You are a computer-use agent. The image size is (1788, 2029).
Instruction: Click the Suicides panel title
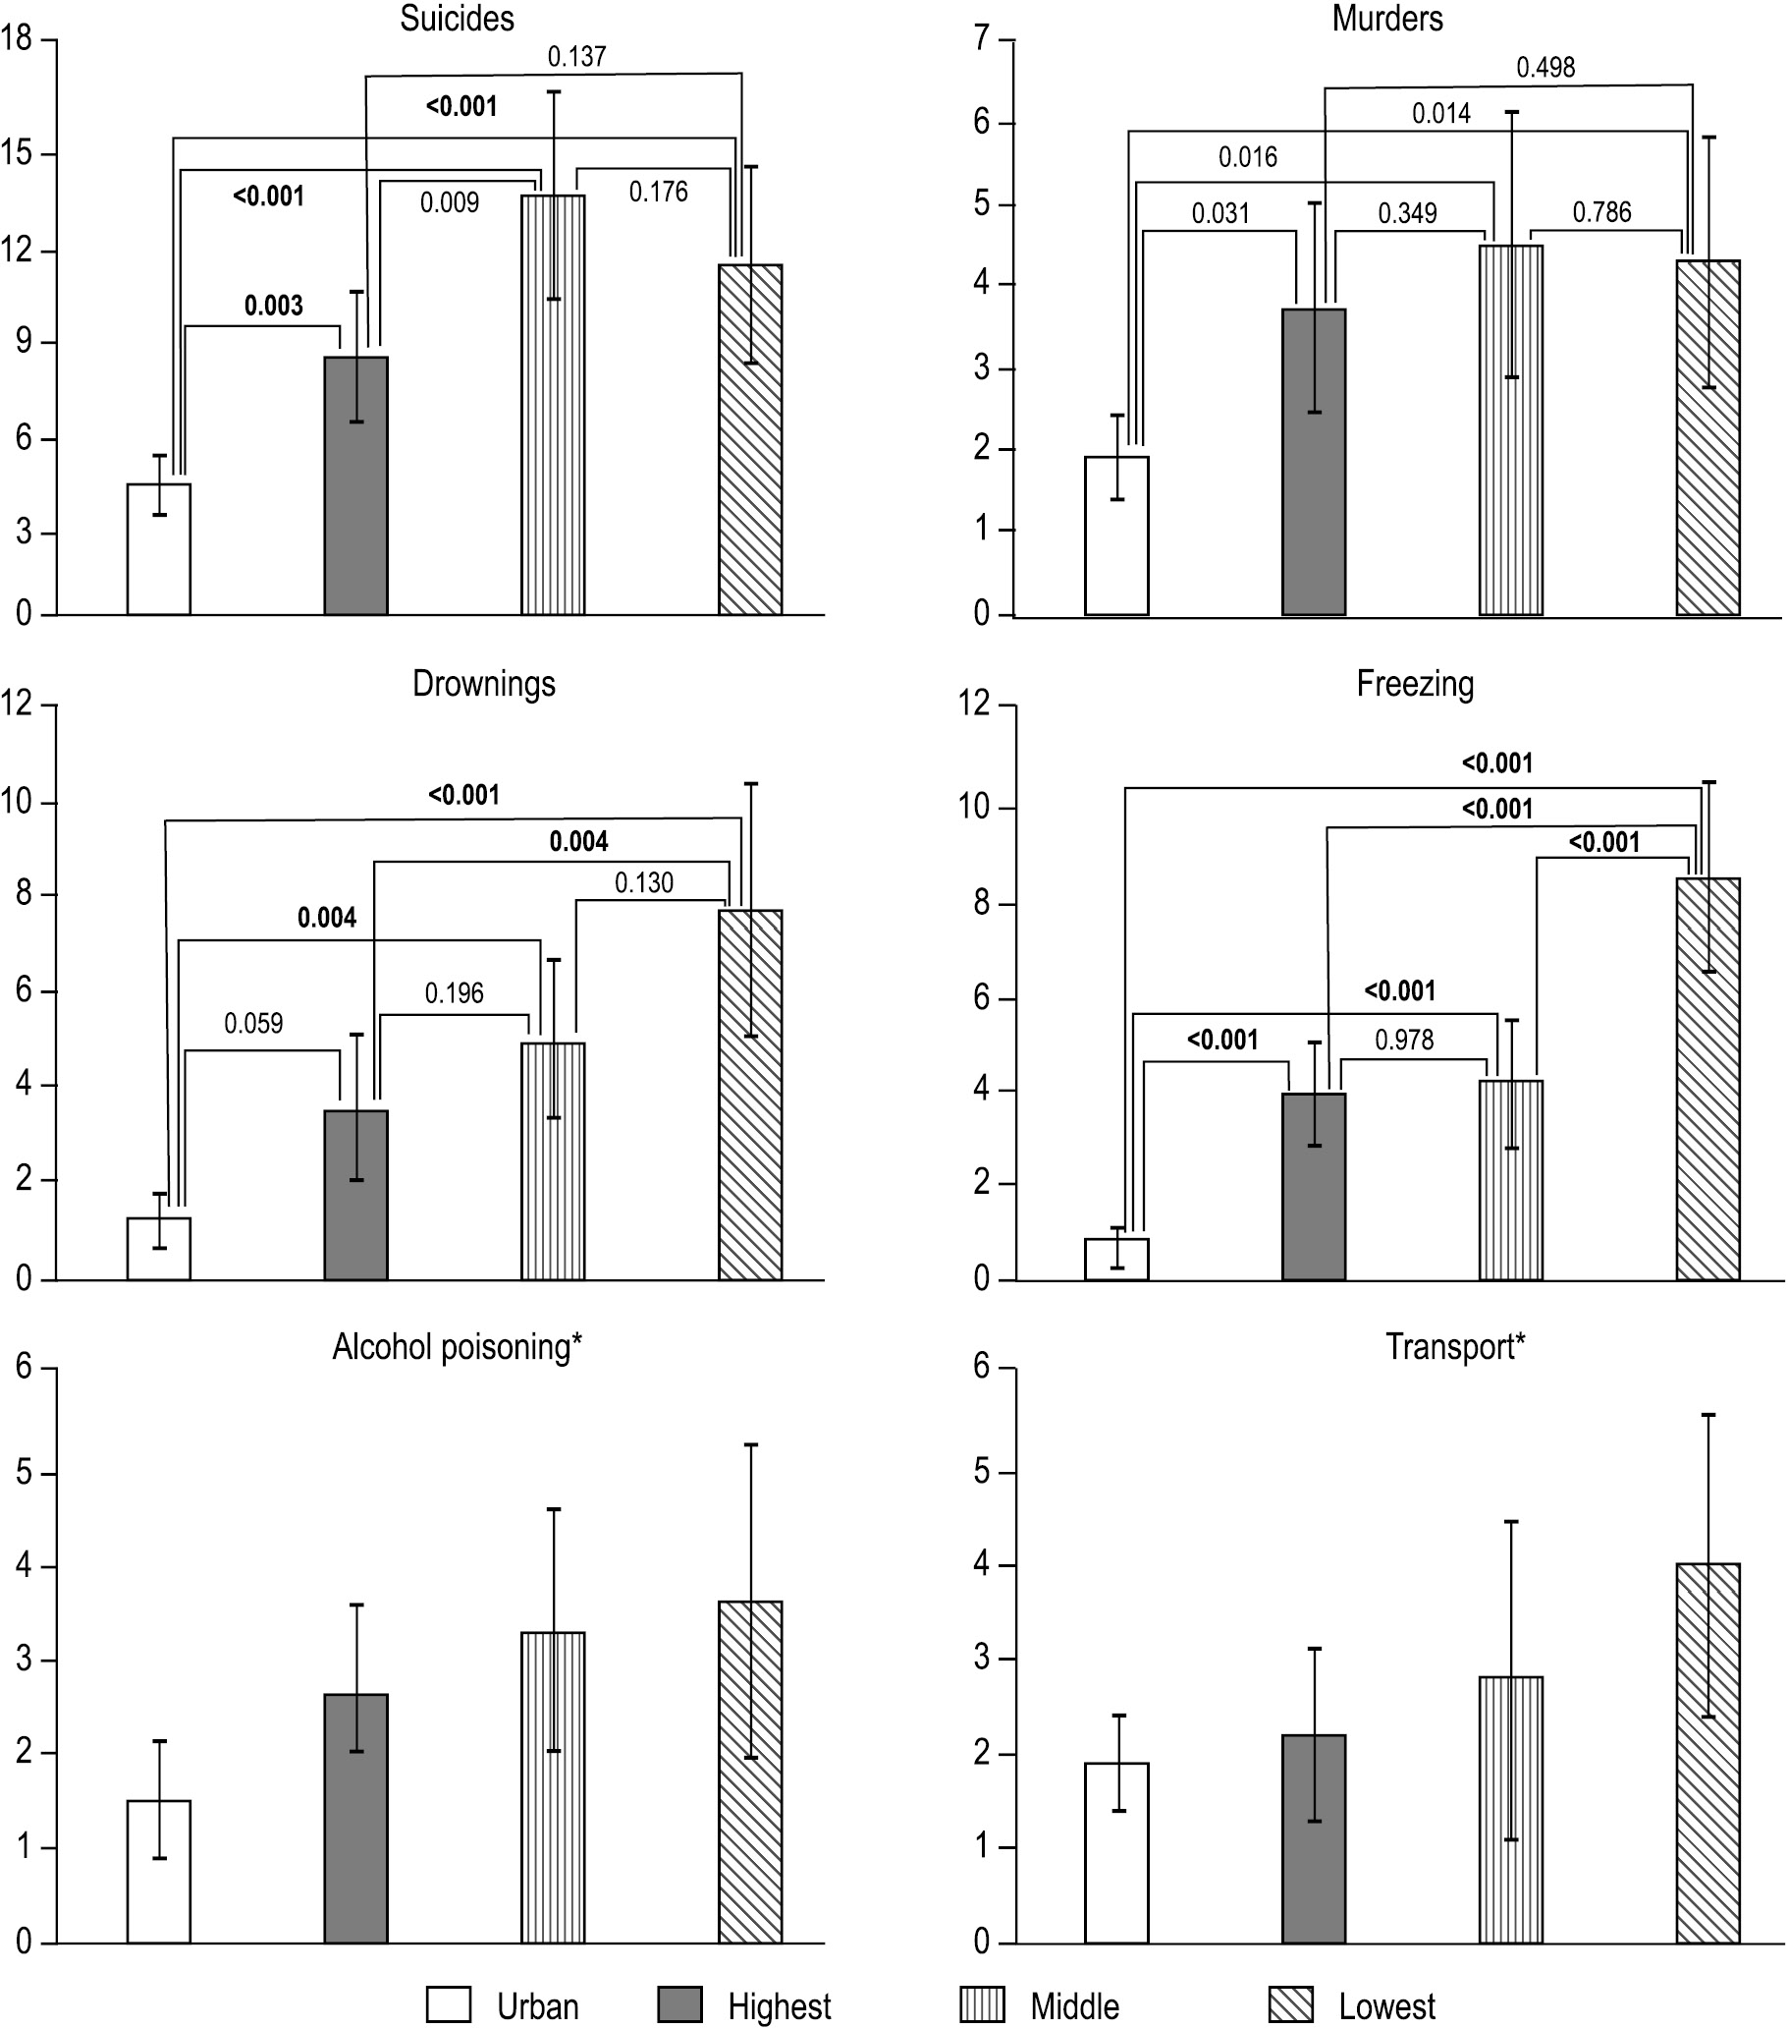(457, 19)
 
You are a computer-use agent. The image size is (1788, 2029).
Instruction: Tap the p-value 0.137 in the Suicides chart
(576, 57)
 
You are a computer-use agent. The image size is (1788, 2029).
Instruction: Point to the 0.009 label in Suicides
(450, 202)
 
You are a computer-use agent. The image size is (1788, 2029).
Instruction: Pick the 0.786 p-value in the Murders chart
(1601, 211)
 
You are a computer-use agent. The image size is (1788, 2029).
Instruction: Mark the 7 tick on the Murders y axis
(982, 38)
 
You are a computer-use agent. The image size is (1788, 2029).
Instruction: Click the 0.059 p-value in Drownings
(253, 1023)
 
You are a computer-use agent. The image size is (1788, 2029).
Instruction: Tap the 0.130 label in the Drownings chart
(644, 882)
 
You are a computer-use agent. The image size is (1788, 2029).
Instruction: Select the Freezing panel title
(1415, 684)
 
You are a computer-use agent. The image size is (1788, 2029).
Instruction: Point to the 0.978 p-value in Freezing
(1404, 1040)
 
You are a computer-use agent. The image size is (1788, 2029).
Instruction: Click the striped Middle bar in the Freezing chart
(1511, 1180)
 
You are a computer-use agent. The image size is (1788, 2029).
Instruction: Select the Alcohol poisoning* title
(457, 1347)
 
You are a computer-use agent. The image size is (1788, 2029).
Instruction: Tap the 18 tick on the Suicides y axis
(17, 38)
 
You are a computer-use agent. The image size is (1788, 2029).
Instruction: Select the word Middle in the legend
(1074, 2006)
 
